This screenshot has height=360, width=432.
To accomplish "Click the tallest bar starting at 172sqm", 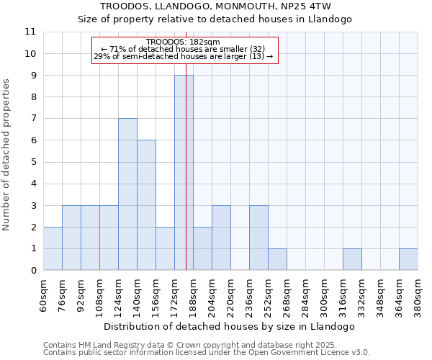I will click(x=184, y=173).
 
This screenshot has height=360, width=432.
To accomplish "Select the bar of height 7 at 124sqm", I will click(x=127, y=194).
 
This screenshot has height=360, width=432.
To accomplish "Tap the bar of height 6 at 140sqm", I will click(x=146, y=205).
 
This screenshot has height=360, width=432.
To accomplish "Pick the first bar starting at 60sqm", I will click(x=53, y=248).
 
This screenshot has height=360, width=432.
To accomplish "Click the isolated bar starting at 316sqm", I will click(x=352, y=259).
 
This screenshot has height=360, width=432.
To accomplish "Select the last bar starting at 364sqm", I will click(x=408, y=259).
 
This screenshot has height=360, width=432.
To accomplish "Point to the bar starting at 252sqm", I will click(x=277, y=259).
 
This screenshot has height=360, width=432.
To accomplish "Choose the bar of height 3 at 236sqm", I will click(x=258, y=238).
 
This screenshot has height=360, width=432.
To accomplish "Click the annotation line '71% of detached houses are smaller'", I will click(x=183, y=49).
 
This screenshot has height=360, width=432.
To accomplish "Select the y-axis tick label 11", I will click(x=30, y=32).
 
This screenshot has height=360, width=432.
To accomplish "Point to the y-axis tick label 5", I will click(x=33, y=162).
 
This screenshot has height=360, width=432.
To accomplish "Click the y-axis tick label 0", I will click(x=33, y=271).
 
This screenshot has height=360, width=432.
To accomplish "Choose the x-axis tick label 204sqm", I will click(x=212, y=295).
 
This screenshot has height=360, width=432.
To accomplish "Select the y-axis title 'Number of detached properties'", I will click(x=7, y=155).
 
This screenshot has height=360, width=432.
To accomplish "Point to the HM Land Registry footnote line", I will click(x=205, y=345).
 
